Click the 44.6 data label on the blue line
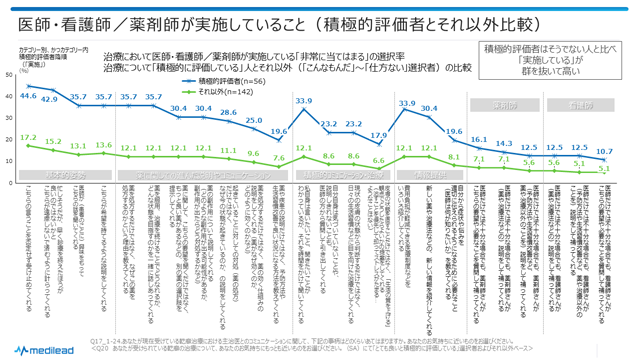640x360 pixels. pos(28,96)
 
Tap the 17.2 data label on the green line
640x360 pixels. pos(28,136)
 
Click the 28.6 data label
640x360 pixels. pos(228,113)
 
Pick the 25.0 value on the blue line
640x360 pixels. pos(253,119)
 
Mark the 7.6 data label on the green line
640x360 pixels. pos(279,157)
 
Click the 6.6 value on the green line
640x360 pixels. pos(378,160)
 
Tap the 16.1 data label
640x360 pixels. pos(478,139)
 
